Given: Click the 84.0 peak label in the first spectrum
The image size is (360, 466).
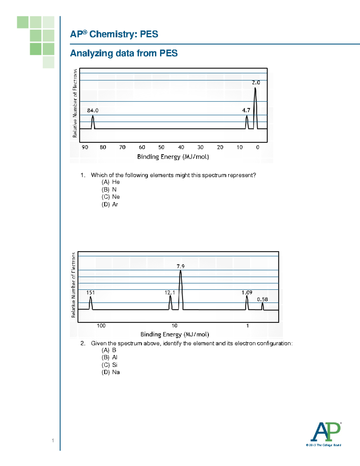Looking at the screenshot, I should point(93,110).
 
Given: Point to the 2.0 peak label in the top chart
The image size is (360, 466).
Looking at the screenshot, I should point(256,83).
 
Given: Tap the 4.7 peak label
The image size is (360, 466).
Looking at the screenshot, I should point(246,110).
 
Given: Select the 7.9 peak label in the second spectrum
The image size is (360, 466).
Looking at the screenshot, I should point(181,266).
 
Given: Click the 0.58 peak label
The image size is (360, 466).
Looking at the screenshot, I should point(262,299).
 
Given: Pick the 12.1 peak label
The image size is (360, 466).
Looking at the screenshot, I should point(170,293).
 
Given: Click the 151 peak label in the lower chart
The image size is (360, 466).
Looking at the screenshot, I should point(90,293).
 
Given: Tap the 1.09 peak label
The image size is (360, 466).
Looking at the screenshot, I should point(247,293).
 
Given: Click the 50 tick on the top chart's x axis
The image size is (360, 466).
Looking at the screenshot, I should point(161,147).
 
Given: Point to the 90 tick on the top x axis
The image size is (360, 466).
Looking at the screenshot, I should point(85,147).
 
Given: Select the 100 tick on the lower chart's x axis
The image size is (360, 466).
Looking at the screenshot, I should point(101,326).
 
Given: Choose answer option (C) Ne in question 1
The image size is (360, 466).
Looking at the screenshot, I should point(111,197).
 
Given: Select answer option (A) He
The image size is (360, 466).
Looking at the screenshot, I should point(111,182).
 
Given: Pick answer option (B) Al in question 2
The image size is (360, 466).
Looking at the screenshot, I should point(109,357).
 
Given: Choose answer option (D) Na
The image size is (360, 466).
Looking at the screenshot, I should point(111,372).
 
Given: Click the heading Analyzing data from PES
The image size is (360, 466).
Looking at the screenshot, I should point(124,53).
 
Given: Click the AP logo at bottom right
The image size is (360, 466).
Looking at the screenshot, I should point(326,432).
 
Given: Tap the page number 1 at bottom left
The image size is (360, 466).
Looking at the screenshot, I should point(53,440).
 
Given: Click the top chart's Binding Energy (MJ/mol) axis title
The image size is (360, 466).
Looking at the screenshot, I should point(173,157).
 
